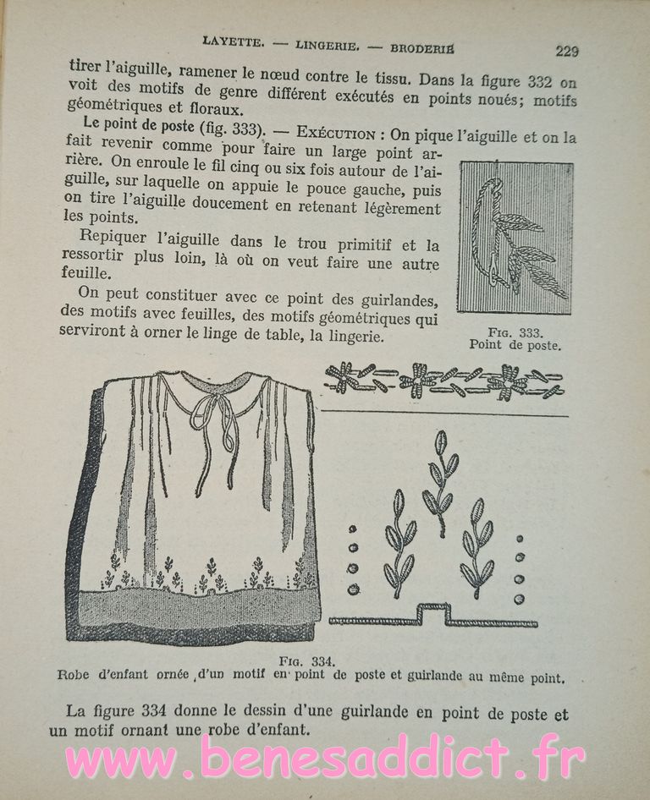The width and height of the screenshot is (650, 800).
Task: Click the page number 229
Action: [567, 50]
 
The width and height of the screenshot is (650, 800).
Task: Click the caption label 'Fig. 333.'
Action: [515, 332]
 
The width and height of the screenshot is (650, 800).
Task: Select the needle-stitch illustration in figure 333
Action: [515, 238]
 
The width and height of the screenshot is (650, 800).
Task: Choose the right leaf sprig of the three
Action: [476, 548]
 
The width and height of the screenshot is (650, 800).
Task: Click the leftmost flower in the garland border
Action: [344, 376]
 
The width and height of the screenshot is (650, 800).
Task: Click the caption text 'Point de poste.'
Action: [515, 344]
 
